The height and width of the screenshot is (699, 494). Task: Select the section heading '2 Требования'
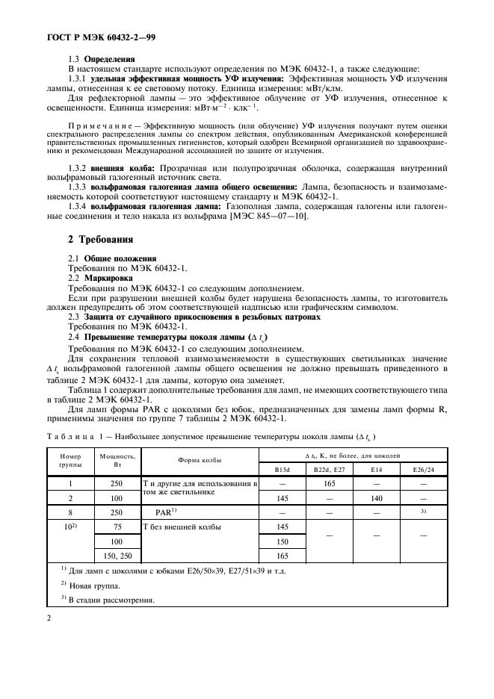tap(102, 240)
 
